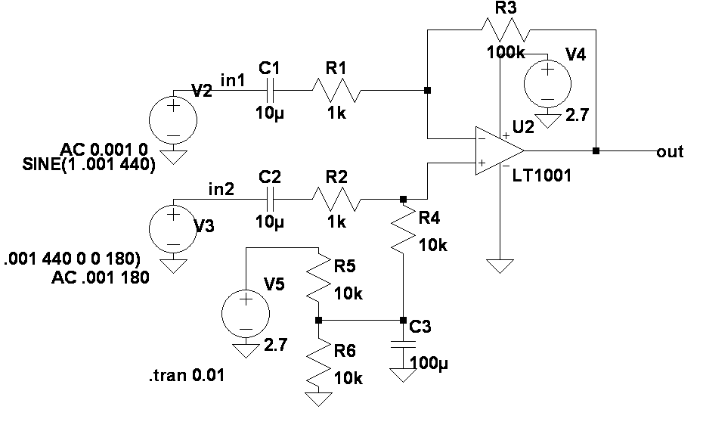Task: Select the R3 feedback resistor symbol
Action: [504, 30]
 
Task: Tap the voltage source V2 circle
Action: [173, 121]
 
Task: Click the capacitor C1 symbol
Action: [270, 91]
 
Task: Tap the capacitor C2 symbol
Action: [270, 200]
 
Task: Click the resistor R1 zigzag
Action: [337, 91]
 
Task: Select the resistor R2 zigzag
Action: [337, 200]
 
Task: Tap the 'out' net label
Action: [670, 152]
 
